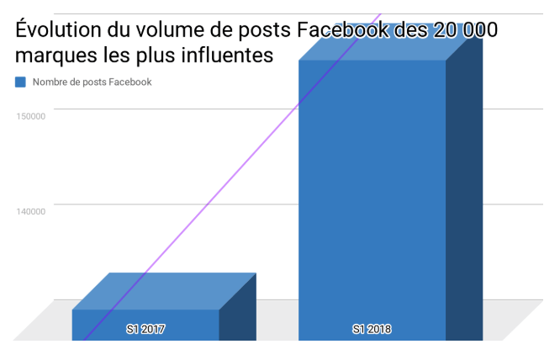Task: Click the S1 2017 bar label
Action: click(x=145, y=329)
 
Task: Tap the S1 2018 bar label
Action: click(x=372, y=329)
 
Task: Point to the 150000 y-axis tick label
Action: click(x=30, y=116)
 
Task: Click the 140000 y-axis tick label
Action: click(x=30, y=211)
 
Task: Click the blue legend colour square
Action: click(x=20, y=82)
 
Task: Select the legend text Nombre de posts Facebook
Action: click(x=92, y=82)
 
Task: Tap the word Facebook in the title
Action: click(x=342, y=32)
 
